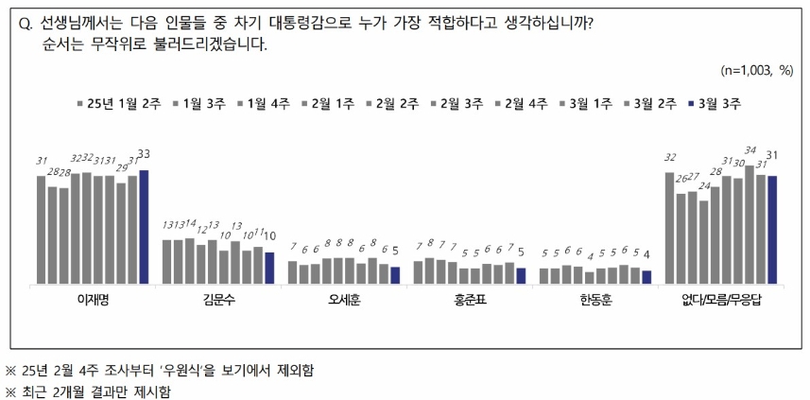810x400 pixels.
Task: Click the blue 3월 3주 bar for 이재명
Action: pos(144,227)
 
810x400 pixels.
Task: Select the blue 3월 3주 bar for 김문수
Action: pos(269,268)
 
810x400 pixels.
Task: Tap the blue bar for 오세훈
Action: pos(395,274)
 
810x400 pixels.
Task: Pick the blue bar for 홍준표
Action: pos(521,274)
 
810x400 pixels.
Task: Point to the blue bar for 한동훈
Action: pos(646,276)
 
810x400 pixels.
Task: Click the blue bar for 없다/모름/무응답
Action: pos(772,230)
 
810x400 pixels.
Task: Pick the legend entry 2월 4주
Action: pos(526,103)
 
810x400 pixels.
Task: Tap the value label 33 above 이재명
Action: pos(144,154)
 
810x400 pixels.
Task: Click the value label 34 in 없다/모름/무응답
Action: pos(750,150)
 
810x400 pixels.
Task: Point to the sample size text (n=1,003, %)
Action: pos(757,71)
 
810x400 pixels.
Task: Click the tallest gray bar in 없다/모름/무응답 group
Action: pos(750,225)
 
